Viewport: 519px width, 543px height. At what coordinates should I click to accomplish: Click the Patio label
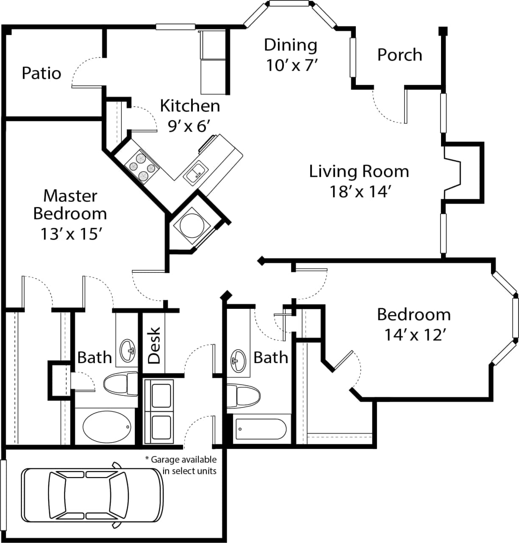41,73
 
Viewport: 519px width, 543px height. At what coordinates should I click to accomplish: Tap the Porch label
400,55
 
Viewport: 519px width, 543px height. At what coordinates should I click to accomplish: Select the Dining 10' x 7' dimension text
291,65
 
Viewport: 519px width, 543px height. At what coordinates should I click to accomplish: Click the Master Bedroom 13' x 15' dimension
70,233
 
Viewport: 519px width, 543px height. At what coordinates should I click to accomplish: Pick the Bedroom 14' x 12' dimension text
414,335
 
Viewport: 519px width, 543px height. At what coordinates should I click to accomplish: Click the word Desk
154,345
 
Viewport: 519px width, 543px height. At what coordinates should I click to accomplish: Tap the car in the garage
92,495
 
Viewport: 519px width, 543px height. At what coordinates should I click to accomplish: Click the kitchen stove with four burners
142,167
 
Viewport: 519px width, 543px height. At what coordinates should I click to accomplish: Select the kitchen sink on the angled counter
195,172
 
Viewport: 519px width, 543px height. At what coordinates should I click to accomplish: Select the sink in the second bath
238,361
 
